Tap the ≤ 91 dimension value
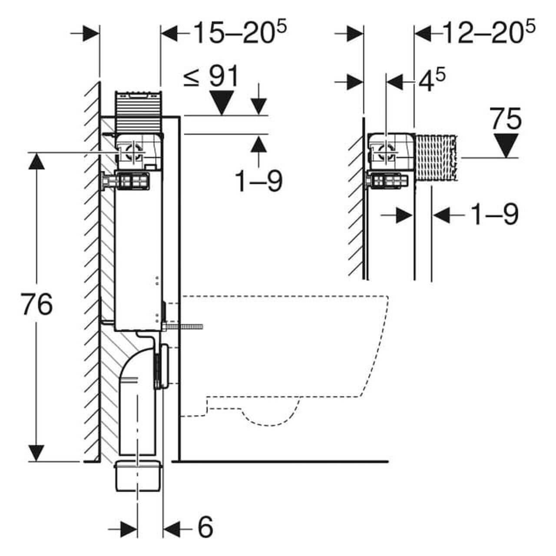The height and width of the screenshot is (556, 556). [x=211, y=76]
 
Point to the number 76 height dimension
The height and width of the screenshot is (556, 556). [x=36, y=304]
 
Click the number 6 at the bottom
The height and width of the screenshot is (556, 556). [x=205, y=527]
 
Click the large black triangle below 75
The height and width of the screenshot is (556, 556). [x=506, y=144]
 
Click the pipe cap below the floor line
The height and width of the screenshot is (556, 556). [x=138, y=476]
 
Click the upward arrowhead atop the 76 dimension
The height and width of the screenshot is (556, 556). [x=36, y=162]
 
